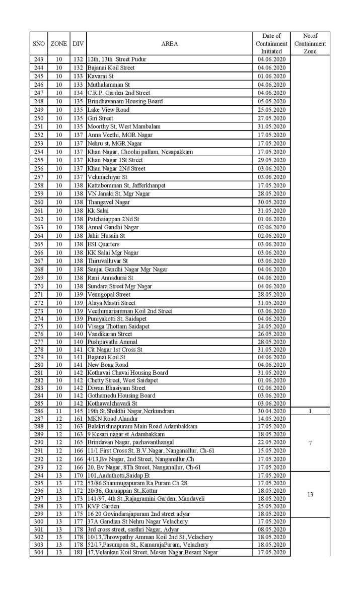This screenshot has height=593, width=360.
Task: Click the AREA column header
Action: pyautogui.click(x=170, y=44)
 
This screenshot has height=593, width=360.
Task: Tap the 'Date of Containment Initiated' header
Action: pyautogui.click(x=271, y=44)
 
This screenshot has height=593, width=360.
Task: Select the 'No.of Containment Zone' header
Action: pyautogui.click(x=310, y=44)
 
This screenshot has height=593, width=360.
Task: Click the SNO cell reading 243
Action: pyautogui.click(x=39, y=59)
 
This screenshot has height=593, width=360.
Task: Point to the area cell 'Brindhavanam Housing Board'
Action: pyautogui.click(x=125, y=101)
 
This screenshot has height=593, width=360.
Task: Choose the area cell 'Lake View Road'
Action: pyautogui.click(x=108, y=110)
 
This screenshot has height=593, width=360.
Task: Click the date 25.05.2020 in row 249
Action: pyautogui.click(x=271, y=110)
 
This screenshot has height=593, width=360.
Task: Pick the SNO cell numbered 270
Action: pyautogui.click(x=39, y=286)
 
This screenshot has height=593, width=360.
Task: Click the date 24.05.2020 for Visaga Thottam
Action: pyautogui.click(x=271, y=326)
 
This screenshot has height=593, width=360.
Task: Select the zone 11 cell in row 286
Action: pyautogui.click(x=59, y=411)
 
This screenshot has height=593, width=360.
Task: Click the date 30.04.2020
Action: pyautogui.click(x=271, y=411)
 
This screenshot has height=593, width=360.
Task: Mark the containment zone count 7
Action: pyautogui.click(x=310, y=443)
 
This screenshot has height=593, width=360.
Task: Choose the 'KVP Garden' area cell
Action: pyautogui.click(x=103, y=506)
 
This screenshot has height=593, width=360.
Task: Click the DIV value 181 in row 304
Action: pyautogui.click(x=78, y=552)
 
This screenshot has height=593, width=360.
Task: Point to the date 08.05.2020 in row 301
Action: pyautogui.click(x=271, y=530)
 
